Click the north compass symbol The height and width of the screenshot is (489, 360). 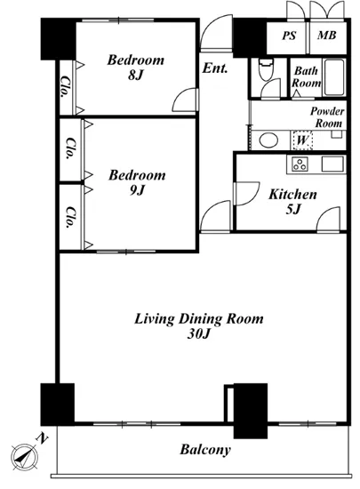click(25, 457)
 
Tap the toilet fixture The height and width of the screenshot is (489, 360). click(266, 70)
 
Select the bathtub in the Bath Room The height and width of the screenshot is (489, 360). click(334, 77)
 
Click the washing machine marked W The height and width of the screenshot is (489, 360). click(302, 140)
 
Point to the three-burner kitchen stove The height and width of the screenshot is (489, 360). click(300, 164)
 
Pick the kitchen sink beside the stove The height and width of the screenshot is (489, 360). click(332, 164)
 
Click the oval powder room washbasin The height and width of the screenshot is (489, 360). click(268, 140)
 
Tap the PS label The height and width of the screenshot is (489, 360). click(289, 36)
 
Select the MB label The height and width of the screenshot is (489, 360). click(326, 36)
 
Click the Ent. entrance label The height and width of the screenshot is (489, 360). click(215, 68)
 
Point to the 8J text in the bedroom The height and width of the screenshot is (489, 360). click(135, 76)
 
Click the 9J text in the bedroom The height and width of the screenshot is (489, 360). click(137, 190)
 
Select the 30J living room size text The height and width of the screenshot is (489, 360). click(199, 334)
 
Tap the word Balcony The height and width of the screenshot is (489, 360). click(205, 450)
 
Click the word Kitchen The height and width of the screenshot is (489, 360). click(292, 195)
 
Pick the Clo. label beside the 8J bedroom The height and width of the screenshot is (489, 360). click(65, 86)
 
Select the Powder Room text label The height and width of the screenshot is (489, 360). click(327, 117)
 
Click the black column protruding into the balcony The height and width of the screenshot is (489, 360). click(251, 411)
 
